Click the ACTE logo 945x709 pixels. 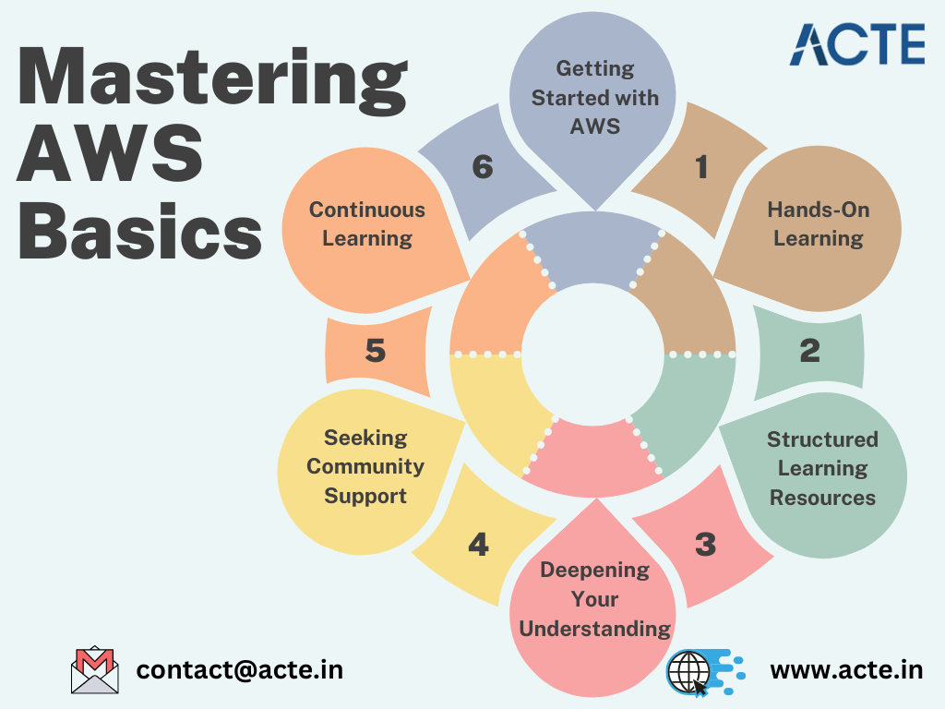coord(857,44)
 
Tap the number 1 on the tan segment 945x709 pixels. coord(701,167)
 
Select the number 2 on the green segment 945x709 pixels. coord(810,350)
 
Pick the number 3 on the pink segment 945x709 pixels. coord(706,545)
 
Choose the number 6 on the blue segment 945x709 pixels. coord(483,167)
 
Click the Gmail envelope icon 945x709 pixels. coord(95,670)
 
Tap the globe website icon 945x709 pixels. coord(705,672)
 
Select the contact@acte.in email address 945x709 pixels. coord(240,670)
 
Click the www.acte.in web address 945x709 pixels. coord(846,670)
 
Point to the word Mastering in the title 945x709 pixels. coord(213,81)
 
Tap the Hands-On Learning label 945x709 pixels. coord(819,223)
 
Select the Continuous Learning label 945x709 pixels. coord(367,223)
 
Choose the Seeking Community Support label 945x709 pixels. coord(365,466)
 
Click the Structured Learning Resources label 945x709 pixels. coord(822,468)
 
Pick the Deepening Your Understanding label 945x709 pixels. coord(595,598)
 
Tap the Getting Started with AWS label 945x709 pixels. coord(595,97)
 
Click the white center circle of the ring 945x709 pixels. coord(593,354)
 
